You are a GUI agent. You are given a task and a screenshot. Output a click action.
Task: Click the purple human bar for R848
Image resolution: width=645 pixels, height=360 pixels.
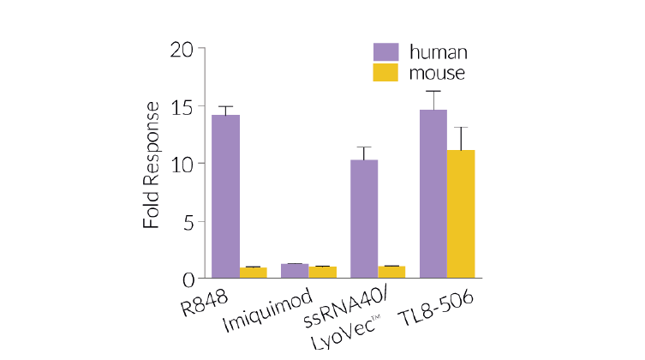pos(225,196)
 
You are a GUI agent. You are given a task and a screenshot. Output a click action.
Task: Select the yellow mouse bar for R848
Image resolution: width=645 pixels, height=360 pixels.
pos(254,273)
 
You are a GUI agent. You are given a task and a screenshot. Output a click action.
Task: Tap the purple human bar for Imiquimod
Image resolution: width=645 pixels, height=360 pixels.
pos(295,271)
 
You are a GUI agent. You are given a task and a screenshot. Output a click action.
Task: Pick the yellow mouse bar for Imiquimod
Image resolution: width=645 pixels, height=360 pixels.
pos(322,273)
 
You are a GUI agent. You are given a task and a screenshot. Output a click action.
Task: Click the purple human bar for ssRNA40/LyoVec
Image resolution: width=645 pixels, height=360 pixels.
pos(364,219)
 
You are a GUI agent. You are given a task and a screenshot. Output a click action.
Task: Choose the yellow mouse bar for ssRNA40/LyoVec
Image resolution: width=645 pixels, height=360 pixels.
pos(391,273)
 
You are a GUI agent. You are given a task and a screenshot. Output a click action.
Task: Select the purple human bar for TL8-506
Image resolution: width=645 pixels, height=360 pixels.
pos(433,194)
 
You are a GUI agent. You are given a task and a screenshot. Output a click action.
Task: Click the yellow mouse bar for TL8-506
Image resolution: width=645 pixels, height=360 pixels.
pos(461,214)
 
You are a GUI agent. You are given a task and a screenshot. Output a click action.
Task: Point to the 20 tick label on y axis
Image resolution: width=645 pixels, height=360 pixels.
pos(182,50)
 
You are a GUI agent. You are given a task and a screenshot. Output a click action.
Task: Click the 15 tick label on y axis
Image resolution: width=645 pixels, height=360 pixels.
pos(182,107)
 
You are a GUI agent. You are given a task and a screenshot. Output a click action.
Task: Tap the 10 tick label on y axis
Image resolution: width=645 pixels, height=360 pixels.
pos(182,164)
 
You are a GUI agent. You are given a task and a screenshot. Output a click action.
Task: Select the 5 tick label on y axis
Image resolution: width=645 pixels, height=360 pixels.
pos(188,221)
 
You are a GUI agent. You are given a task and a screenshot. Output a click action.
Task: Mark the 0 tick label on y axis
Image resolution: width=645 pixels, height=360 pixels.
pos(188,279)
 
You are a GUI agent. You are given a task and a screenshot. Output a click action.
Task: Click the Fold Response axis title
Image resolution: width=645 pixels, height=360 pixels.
pos(152,165)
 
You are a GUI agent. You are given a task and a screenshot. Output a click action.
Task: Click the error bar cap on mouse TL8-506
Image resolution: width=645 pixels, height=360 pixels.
pos(461,128)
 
